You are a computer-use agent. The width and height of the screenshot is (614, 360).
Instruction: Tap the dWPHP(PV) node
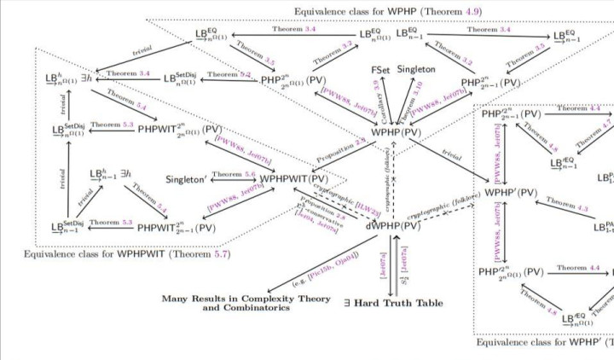(393, 226)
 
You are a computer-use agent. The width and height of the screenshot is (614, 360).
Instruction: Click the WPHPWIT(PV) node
(295, 181)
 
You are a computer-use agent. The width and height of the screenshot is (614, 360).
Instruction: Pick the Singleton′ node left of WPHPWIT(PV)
(189, 182)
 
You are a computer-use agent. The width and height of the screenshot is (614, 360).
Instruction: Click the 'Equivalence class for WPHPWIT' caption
(126, 254)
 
